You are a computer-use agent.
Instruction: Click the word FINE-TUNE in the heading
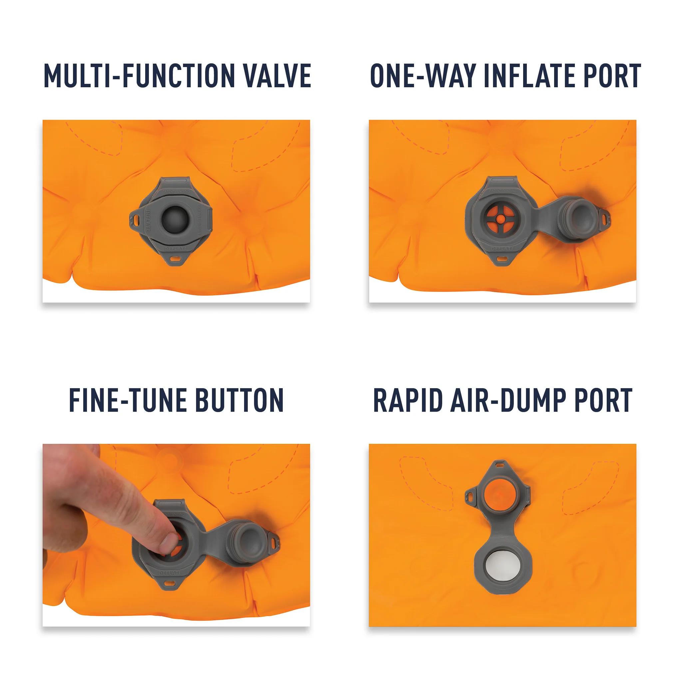(x=127, y=400)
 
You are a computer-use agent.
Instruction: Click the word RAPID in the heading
(x=408, y=400)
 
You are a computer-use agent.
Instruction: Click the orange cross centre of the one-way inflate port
(x=500, y=219)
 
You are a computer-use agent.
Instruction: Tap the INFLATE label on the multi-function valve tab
(x=148, y=221)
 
